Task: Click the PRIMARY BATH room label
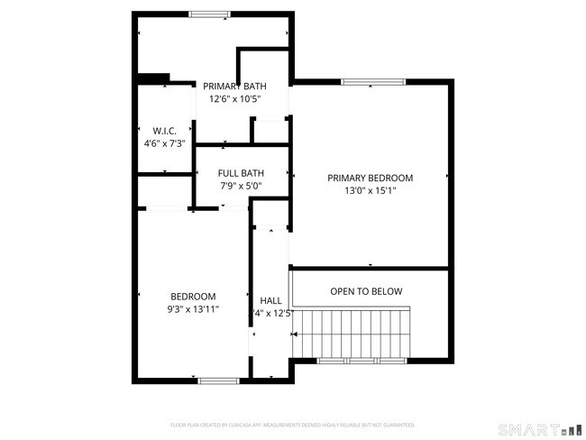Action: [234, 87]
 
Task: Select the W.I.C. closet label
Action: [164, 131]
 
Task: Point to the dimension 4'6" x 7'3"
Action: [164, 143]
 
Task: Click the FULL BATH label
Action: [242, 173]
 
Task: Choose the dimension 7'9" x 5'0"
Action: [242, 186]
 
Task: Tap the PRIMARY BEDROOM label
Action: [370, 178]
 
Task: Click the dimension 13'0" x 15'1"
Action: [370, 190]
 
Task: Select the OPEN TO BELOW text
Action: [366, 291]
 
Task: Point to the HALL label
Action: [270, 300]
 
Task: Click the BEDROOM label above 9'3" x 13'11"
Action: [193, 297]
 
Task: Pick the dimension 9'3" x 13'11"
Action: [193, 309]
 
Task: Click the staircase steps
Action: [355, 333]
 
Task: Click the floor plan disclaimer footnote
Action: [292, 424]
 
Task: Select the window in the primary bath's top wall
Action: [209, 14]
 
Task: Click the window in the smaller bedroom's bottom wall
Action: [217, 380]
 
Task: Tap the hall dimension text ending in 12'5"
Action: [274, 313]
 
